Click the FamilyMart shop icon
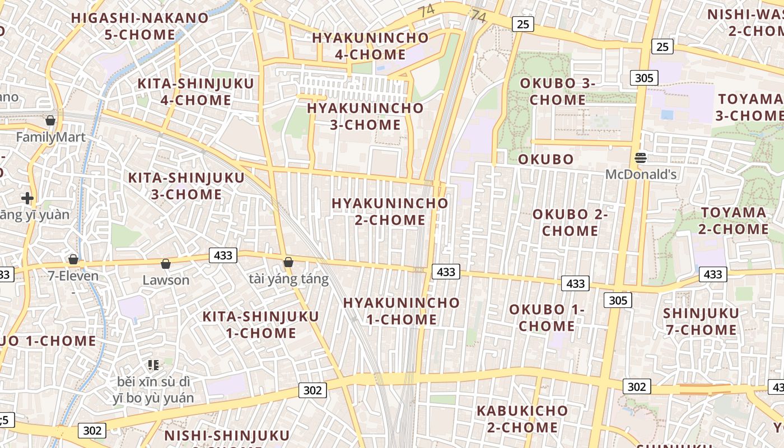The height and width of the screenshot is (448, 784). point(50,120)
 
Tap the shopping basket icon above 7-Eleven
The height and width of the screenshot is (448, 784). point(73,259)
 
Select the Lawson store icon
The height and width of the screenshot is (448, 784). point(165,264)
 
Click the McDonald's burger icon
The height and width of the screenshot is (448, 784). point(641,158)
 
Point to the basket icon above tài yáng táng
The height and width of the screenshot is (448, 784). point(288,262)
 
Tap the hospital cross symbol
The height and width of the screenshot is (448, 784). point(27,198)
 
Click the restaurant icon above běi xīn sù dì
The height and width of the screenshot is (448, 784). point(153,365)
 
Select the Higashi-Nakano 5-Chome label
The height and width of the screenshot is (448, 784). point(140,26)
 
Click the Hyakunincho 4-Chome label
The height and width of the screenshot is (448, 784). point(370,46)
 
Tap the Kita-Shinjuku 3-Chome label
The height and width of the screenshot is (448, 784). point(186,186)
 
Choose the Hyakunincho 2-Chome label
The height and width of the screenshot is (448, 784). point(390,212)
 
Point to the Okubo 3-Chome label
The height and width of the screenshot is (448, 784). point(558,92)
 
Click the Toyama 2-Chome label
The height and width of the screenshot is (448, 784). point(734,221)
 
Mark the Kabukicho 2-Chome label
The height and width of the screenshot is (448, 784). point(522,419)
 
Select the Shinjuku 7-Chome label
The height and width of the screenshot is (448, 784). point(701,321)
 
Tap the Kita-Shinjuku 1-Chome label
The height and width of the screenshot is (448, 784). point(260,325)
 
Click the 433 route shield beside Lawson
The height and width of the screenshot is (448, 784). point(223,255)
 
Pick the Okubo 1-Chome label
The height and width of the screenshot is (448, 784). point(547,318)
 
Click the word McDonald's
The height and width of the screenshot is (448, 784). point(641,175)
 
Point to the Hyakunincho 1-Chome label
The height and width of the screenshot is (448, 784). point(401,311)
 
